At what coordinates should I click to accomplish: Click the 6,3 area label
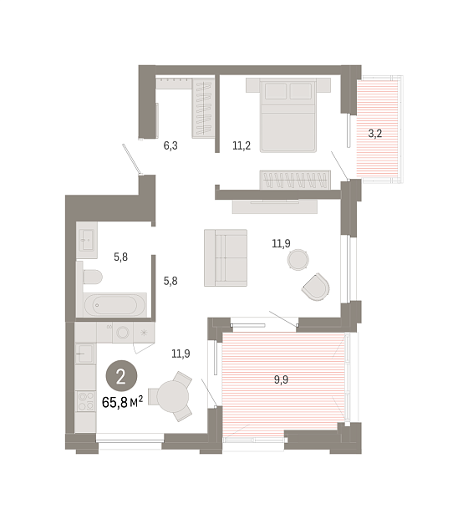tap(170, 145)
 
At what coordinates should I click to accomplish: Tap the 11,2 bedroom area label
tap(242, 145)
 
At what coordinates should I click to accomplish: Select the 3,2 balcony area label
tap(375, 134)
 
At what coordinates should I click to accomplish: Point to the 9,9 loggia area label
tap(281, 379)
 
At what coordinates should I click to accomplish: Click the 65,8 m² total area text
tap(123, 402)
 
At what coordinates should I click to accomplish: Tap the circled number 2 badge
tap(121, 376)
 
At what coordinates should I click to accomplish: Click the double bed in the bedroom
tap(288, 115)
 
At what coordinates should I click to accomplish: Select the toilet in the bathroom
tap(92, 277)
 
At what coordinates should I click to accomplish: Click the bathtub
tap(114, 305)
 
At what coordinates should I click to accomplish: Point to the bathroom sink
tap(87, 240)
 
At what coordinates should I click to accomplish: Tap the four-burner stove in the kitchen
tap(85, 401)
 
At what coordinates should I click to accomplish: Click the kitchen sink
tap(85, 354)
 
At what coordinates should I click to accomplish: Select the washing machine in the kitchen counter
tap(123, 333)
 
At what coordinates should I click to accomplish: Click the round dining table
tap(172, 396)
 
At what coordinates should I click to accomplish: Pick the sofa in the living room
tap(226, 257)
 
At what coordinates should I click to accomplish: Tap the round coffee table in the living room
tap(298, 259)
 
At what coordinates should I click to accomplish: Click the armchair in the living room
tap(316, 287)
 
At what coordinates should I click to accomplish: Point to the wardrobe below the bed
tap(295, 180)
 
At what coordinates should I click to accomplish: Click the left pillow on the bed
tap(276, 91)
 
